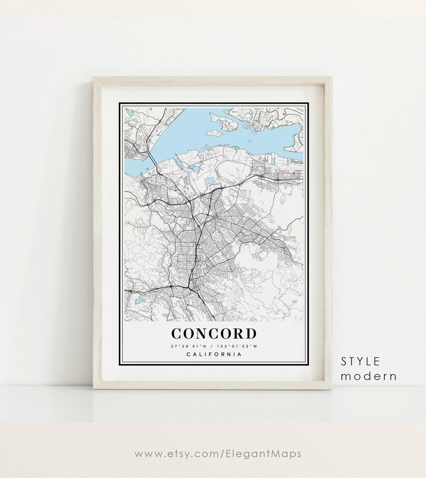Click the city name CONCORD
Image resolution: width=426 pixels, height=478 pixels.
tap(214, 333)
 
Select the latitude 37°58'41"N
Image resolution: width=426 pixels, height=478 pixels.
tap(188, 346)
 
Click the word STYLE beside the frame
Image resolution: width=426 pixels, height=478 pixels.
tap(361, 361)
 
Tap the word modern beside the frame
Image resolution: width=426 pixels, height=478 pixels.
tap(369, 376)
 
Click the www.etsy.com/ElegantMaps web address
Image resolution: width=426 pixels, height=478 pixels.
tap(218, 454)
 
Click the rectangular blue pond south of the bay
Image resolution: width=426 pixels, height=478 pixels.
tap(209, 181)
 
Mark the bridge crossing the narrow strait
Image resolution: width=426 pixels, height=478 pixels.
tap(152, 158)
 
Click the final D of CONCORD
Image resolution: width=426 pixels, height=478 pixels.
tap(250, 334)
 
